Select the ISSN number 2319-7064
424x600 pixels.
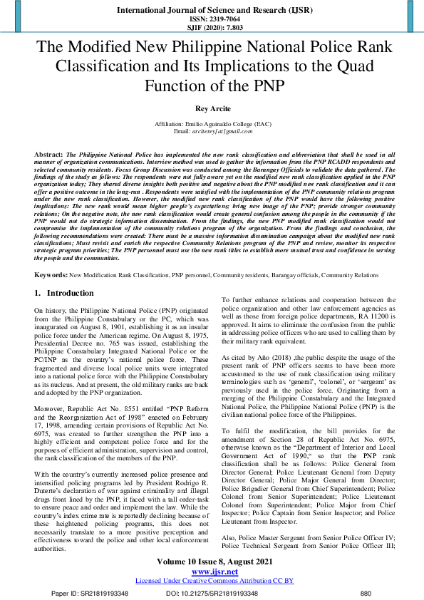pyautogui.click(x=212, y=19)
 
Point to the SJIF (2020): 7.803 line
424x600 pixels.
pyautogui.click(x=212, y=28)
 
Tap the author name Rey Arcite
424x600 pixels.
pyautogui.click(x=212, y=109)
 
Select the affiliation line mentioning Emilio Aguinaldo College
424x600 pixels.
pyautogui.click(x=212, y=124)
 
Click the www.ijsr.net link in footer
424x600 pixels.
pyautogui.click(x=211, y=572)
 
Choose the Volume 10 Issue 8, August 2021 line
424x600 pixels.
pyautogui.click(x=212, y=563)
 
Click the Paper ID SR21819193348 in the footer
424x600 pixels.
pyautogui.click(x=91, y=593)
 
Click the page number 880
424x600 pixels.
pyautogui.click(x=366, y=593)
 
